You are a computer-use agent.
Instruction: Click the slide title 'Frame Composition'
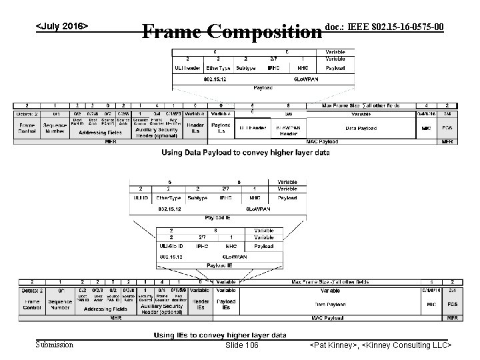[231, 32]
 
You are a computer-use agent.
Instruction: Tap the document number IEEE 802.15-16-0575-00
[384, 26]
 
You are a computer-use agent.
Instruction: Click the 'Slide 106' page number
[242, 345]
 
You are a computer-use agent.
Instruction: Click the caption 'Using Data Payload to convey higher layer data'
[245, 153]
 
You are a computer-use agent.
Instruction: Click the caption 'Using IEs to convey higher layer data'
[220, 335]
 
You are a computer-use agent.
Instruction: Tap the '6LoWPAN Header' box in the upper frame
[288, 129]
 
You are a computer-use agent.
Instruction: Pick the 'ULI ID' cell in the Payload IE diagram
[141, 197]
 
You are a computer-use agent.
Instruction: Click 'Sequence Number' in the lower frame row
[59, 304]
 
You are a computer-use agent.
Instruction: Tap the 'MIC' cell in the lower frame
[427, 303]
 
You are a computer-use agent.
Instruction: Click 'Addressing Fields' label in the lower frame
[102, 309]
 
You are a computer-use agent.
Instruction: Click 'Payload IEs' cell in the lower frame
[225, 305]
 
